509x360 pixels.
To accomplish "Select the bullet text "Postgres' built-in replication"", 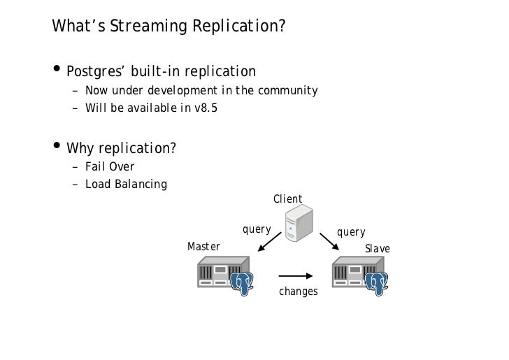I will [162, 72].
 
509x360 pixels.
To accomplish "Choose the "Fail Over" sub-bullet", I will [110, 167].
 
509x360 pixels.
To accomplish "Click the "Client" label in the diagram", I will [287, 200].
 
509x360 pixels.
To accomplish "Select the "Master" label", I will [203, 247].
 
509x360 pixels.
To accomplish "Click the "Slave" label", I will [378, 249].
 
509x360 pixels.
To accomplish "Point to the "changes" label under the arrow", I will [298, 291].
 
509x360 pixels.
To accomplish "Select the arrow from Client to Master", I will [269, 242].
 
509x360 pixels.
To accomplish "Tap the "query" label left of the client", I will [256, 229].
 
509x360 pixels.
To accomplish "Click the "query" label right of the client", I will [351, 232].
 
